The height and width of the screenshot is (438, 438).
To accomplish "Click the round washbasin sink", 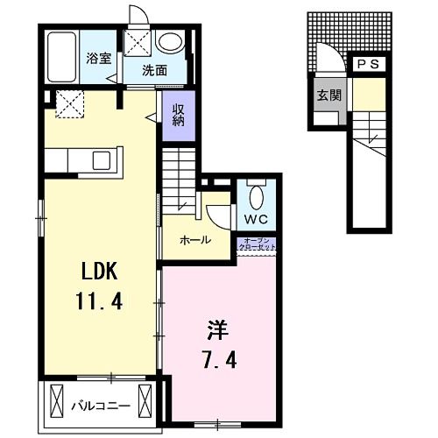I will click(170, 41).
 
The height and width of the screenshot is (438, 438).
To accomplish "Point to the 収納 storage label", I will click(177, 114).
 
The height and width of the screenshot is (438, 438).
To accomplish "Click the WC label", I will click(256, 218).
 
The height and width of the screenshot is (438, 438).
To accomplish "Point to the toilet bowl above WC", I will click(257, 193).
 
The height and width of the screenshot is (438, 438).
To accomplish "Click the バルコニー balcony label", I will click(101, 405).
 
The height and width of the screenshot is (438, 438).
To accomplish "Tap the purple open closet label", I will click(258, 245).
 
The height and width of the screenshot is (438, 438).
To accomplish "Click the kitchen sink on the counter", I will click(99, 160).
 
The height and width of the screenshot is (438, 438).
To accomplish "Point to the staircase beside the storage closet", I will click(180, 175).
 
